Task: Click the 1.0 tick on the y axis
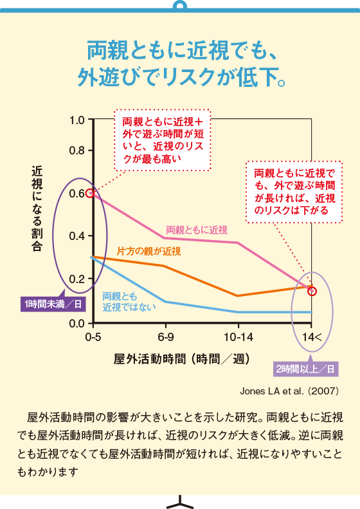coord(77,120)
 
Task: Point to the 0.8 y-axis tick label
coord(77,151)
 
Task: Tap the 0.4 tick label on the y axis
coord(77,236)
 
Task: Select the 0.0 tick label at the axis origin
coord(77,322)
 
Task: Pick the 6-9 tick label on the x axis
coord(165,337)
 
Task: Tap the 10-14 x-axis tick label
coord(238,337)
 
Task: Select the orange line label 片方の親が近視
coord(148,250)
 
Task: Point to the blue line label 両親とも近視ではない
coord(129,301)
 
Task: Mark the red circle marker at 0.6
coord(91,192)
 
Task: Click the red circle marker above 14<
coord(312,291)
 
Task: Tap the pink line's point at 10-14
coord(238,243)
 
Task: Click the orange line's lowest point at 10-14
coord(238,296)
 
